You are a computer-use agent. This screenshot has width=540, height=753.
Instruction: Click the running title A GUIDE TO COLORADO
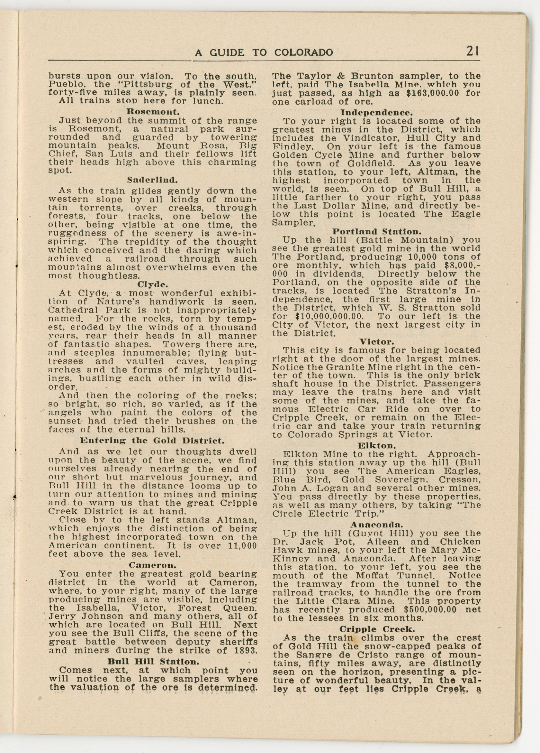(264, 52)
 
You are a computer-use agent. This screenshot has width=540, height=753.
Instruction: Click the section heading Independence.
(376, 112)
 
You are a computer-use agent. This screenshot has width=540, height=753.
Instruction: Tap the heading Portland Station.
(376, 231)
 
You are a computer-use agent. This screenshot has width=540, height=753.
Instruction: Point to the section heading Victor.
(376, 341)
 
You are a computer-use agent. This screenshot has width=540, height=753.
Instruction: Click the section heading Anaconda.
(376, 525)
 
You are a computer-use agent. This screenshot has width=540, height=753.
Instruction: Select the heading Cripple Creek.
(376, 629)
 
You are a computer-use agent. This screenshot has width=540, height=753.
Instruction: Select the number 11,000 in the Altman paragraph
(243, 546)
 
